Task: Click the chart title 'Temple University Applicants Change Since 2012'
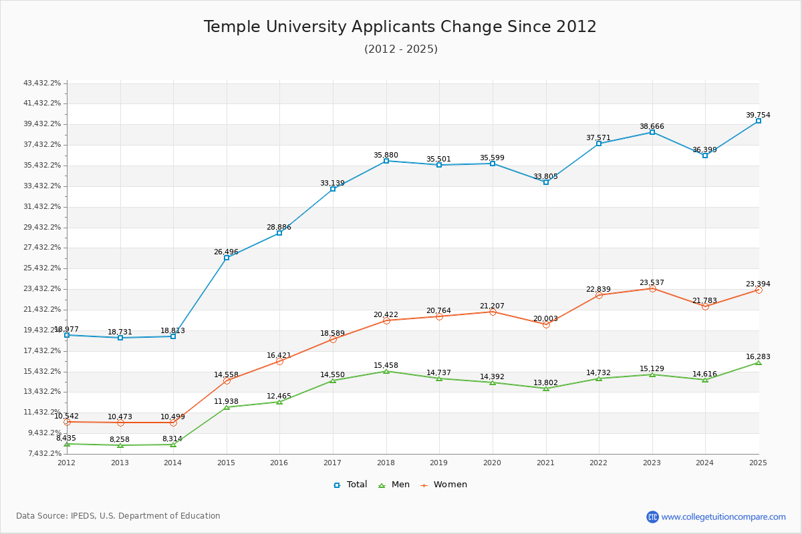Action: pyautogui.click(x=400, y=27)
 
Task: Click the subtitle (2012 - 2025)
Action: pyautogui.click(x=400, y=49)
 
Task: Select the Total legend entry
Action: pyautogui.click(x=350, y=485)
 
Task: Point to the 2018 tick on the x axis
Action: pyautogui.click(x=386, y=462)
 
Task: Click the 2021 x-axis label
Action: pyautogui.click(x=545, y=462)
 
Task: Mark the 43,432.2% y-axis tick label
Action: pyautogui.click(x=42, y=83)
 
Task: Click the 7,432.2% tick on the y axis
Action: pyautogui.click(x=42, y=454)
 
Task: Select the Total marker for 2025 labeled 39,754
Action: pyautogui.click(x=758, y=121)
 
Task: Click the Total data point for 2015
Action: pyautogui.click(x=227, y=258)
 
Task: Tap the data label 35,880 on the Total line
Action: pyautogui.click(x=386, y=155)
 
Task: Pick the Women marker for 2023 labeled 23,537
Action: pyautogui.click(x=652, y=288)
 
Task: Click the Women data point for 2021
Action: pyautogui.click(x=546, y=324)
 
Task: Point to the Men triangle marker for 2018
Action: pyautogui.click(x=386, y=371)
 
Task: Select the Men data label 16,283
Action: pyautogui.click(x=758, y=356)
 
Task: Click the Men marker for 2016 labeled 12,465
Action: pyautogui.click(x=279, y=402)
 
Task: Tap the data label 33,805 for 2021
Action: pyautogui.click(x=545, y=176)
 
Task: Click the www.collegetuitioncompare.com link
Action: pyautogui.click(x=723, y=517)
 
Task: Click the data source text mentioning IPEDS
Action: pyautogui.click(x=118, y=516)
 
